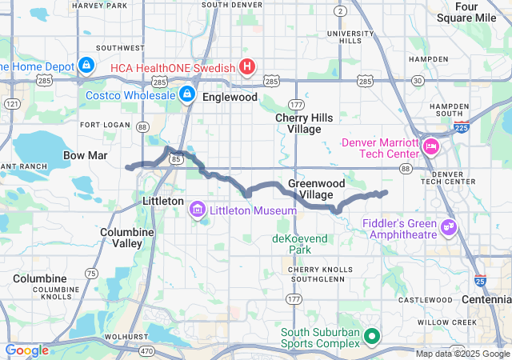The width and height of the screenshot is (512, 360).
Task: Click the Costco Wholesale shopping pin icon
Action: (x=186, y=94)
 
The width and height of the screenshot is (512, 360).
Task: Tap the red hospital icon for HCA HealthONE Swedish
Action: (x=247, y=66)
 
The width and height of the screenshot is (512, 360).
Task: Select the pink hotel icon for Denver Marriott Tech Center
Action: (x=431, y=146)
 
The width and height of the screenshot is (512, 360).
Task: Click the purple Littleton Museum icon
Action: (x=197, y=210)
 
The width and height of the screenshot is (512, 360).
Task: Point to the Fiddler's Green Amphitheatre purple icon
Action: (x=449, y=228)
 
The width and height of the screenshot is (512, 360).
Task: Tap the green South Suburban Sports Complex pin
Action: (x=371, y=336)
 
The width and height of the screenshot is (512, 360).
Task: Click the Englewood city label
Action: (x=230, y=97)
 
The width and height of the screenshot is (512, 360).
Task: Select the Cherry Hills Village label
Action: (x=298, y=123)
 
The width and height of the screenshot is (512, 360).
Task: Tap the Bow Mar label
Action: (x=86, y=154)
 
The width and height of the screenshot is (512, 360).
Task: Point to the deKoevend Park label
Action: (x=300, y=244)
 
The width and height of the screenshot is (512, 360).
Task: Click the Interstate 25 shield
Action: (x=479, y=280)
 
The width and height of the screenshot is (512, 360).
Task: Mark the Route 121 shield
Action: (x=11, y=104)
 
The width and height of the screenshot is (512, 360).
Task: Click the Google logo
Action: (x=27, y=350)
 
